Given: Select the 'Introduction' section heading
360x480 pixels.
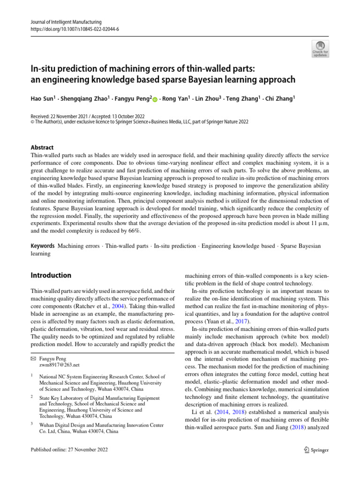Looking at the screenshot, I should click(x=51, y=275).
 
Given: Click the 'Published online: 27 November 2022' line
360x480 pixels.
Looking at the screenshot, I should click(x=69, y=450).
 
